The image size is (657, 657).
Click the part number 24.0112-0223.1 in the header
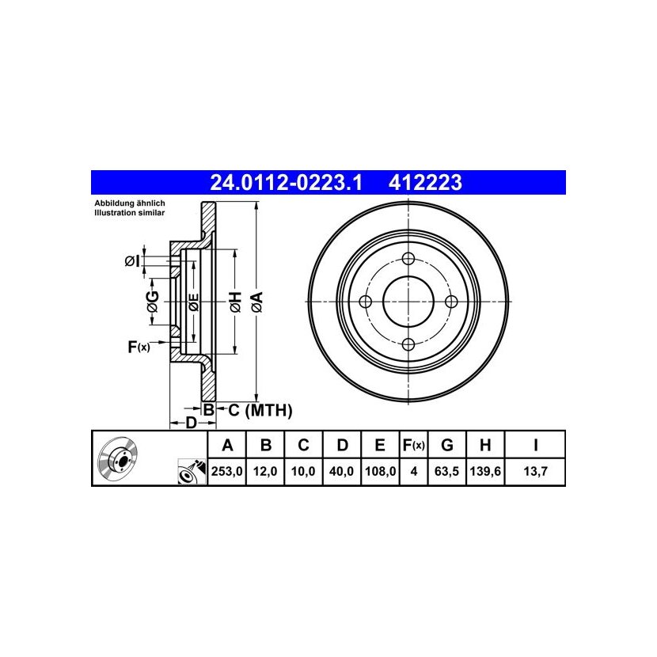(x=286, y=183)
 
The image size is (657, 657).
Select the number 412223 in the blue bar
(x=425, y=183)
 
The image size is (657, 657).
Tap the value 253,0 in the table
(x=226, y=472)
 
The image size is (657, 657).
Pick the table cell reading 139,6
(x=485, y=472)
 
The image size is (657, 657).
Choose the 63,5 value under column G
(x=446, y=472)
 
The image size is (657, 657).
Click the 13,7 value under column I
(x=535, y=472)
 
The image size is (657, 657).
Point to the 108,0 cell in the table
(x=380, y=472)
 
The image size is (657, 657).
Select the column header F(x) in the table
(x=413, y=446)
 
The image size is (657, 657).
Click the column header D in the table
(x=342, y=446)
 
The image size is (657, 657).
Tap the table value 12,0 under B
(x=265, y=472)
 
